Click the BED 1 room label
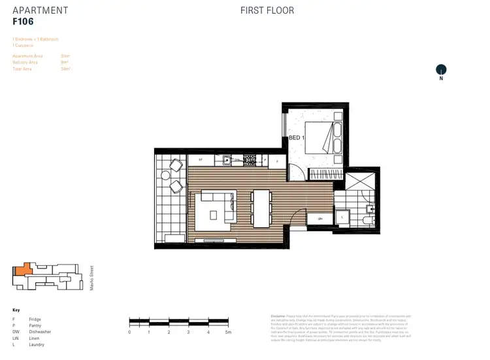tap(297, 139)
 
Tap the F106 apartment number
tap(24, 21)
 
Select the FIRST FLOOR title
tap(267, 10)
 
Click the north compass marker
tap(441, 71)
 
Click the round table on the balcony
tap(165, 176)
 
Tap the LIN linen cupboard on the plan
tap(320, 219)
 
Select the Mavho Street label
tap(91, 276)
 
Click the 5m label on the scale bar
tap(227, 332)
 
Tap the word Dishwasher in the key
tap(40, 332)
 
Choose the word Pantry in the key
tap(35, 325)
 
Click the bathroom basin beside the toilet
tap(370, 209)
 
